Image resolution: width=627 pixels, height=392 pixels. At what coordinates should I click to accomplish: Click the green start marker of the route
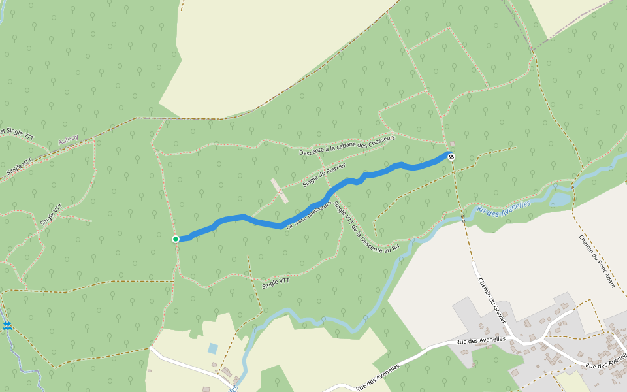click(x=176, y=239)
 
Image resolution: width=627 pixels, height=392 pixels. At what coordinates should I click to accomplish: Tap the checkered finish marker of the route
click(x=451, y=156)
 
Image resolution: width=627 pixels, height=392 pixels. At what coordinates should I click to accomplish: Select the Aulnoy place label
click(x=68, y=139)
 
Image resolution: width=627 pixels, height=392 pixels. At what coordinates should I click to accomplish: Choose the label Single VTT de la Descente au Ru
click(x=366, y=227)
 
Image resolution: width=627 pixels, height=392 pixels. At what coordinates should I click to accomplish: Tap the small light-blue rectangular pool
click(x=213, y=348)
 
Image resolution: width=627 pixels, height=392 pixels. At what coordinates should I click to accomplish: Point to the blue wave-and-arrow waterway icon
click(x=7, y=325)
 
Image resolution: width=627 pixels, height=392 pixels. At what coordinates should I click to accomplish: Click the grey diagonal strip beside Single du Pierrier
click(x=280, y=191)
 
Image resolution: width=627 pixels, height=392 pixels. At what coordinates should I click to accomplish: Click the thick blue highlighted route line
click(x=261, y=221)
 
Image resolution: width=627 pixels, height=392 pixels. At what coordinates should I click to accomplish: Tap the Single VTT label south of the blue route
click(x=275, y=284)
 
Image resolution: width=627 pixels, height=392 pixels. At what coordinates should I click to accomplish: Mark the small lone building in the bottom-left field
click(x=150, y=372)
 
